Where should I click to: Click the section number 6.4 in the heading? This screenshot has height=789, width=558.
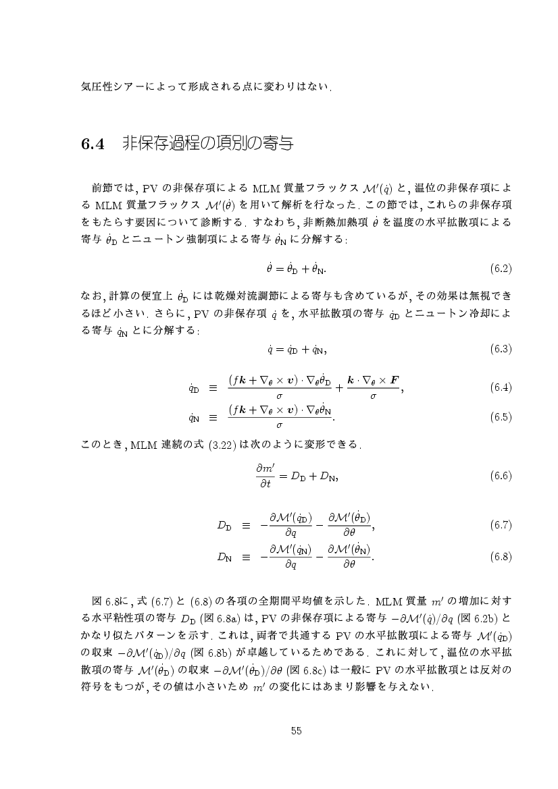pyautogui.click(x=91, y=144)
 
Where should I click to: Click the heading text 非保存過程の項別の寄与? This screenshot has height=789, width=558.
pyautogui.click(x=207, y=144)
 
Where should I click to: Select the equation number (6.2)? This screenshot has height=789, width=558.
pyautogui.click(x=500, y=269)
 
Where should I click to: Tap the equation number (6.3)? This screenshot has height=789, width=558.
pyautogui.click(x=500, y=349)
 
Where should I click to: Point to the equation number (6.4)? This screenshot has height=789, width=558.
pyautogui.click(x=500, y=388)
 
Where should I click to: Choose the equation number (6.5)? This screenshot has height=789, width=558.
pyautogui.click(x=500, y=417)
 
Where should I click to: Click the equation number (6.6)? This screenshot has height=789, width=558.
pyautogui.click(x=500, y=476)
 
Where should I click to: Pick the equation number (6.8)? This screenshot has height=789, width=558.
pyautogui.click(x=500, y=557)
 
